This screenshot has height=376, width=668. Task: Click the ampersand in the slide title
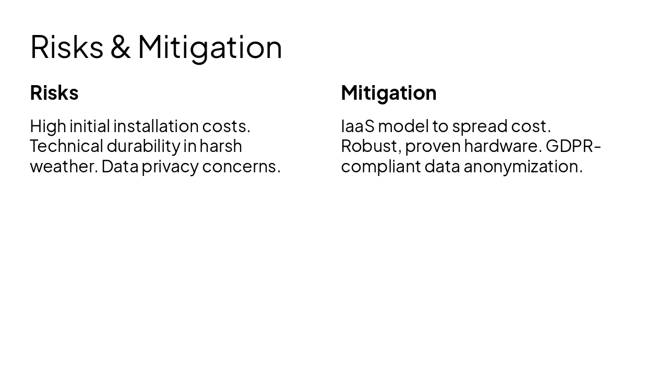pyautogui.click(x=120, y=47)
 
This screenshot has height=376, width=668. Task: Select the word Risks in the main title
pyautogui.click(x=67, y=47)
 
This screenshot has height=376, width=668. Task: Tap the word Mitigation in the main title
pyautogui.click(x=210, y=47)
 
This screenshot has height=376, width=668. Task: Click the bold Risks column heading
pyautogui.click(x=54, y=93)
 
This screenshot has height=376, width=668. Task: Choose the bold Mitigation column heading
pyautogui.click(x=389, y=93)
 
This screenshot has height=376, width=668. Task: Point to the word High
pyautogui.click(x=48, y=126)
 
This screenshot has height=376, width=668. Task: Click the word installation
pyautogui.click(x=156, y=126)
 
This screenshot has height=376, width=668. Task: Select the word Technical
pyautogui.click(x=66, y=146)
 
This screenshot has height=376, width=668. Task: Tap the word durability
pyautogui.click(x=143, y=146)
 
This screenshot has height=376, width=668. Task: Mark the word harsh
pyautogui.click(x=221, y=146)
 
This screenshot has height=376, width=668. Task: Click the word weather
pyautogui.click(x=63, y=167)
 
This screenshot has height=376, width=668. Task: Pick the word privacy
pyautogui.click(x=170, y=167)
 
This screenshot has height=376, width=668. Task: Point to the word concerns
pyautogui.click(x=241, y=167)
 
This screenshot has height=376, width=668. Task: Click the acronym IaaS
pyautogui.click(x=357, y=126)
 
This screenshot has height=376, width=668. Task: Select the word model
pyautogui.click(x=403, y=126)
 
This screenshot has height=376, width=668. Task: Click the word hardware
pyautogui.click(x=503, y=146)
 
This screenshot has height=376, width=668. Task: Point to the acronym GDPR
pyautogui.click(x=570, y=146)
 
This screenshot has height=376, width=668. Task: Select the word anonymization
pyautogui.click(x=523, y=167)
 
